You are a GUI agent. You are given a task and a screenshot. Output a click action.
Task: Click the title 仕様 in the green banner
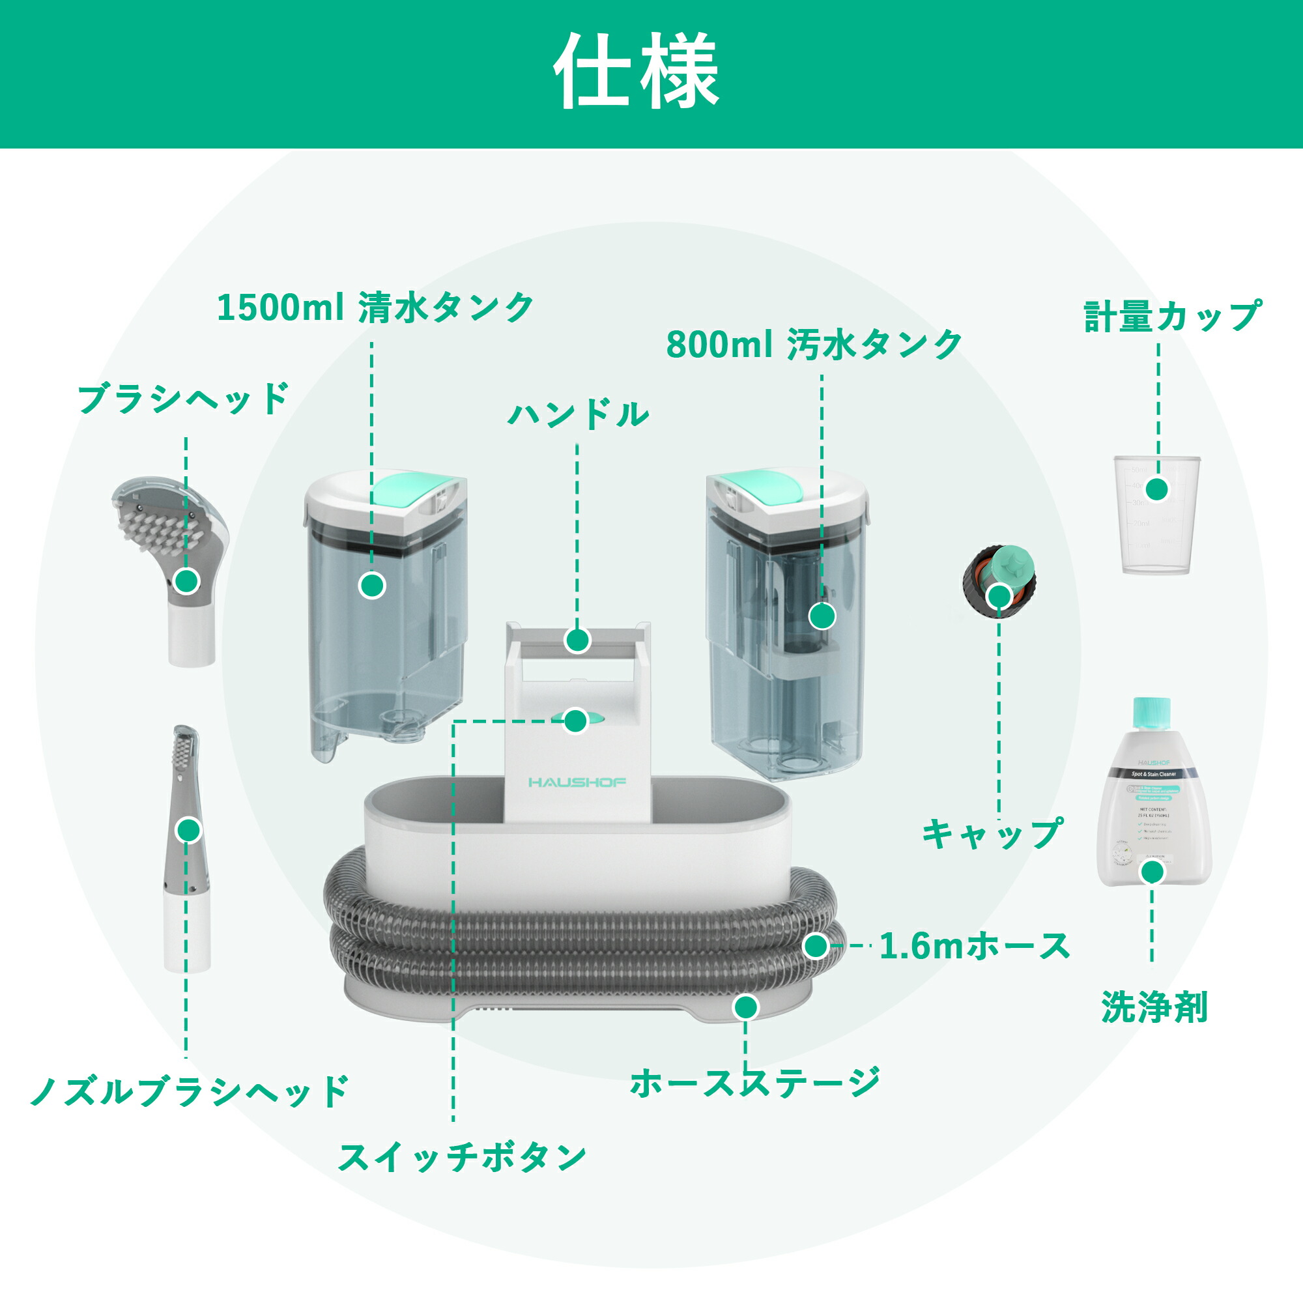[x=637, y=72]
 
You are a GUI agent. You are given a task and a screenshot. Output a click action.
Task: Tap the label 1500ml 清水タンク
[x=375, y=308]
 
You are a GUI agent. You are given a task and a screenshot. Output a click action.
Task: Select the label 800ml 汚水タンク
[x=813, y=345]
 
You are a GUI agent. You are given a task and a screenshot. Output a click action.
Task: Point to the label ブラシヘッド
[x=184, y=399]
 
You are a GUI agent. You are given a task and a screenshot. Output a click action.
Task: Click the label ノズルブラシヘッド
[x=190, y=1091]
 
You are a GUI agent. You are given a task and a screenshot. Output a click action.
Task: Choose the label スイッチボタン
[x=462, y=1157]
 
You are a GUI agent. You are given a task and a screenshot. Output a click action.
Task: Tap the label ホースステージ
[x=754, y=1082]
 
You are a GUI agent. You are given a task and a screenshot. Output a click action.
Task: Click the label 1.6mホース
[x=975, y=946]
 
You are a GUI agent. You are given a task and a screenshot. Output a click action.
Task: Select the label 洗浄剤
[x=1154, y=1007]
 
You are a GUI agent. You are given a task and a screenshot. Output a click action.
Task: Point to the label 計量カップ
[x=1171, y=317]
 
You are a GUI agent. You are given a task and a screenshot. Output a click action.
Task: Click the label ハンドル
[x=578, y=414]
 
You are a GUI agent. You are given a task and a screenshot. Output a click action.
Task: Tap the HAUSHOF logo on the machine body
[x=577, y=782]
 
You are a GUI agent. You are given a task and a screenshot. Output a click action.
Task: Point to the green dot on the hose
[x=816, y=946]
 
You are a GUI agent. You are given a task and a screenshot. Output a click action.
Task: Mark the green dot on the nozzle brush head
[x=190, y=829]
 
